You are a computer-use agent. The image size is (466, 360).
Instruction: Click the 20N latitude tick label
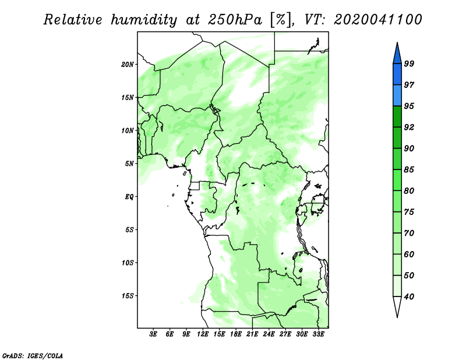pos(128,65)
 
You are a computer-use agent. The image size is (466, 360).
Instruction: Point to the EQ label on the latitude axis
pos(129,197)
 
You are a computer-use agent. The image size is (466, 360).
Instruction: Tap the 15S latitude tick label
pos(128,296)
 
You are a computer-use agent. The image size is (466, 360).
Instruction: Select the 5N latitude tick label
pos(129,164)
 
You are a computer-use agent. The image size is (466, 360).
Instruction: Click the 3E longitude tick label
pos(153,334)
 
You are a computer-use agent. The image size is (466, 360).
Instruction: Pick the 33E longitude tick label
pos(318,334)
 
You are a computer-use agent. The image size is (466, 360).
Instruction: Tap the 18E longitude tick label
pos(236,334)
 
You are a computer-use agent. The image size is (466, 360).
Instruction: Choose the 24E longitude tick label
pos(269,334)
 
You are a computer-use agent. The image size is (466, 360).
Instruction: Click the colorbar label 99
pos(409,63)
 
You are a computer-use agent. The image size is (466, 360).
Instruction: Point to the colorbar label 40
pos(409,297)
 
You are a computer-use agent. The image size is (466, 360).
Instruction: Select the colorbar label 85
pos(409,170)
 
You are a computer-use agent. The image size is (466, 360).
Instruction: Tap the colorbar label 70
pos(409,233)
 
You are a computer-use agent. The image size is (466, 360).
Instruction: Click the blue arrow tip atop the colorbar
pos(397,43)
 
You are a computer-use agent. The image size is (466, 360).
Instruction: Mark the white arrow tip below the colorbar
pos(397,317)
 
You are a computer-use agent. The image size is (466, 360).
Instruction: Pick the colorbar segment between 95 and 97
pos(397,96)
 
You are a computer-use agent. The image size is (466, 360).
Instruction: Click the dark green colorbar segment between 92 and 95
pos(397,117)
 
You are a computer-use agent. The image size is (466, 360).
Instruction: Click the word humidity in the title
pos(144,20)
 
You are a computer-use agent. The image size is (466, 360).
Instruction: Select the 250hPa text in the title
pos(235,20)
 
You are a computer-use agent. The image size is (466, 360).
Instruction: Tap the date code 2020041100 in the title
pos(377,20)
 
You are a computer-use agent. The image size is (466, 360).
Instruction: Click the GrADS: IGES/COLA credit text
pos(33,356)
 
